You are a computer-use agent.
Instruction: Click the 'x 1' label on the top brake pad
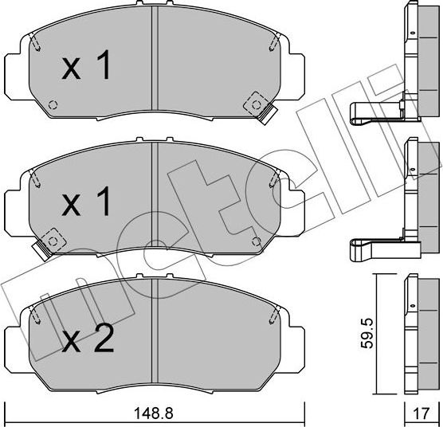click(88, 69)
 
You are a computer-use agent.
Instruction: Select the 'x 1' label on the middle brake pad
click(88, 203)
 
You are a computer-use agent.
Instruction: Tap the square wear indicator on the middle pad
click(53, 237)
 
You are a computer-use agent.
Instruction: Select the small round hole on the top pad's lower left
click(53, 104)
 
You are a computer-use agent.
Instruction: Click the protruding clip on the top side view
click(374, 112)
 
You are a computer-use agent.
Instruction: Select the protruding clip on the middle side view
click(374, 249)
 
